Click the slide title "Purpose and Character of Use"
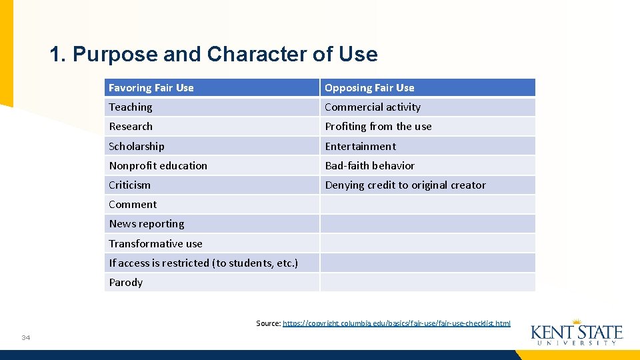pos(213,54)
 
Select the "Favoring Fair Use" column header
pos(151,88)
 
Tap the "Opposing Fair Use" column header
pos(369,88)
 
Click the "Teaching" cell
pos(131,107)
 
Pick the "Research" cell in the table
pos(131,127)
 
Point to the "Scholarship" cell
pos(137,146)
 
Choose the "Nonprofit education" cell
pos(158,165)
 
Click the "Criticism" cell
pos(130,185)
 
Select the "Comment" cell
pos(133,205)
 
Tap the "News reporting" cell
pos(147,224)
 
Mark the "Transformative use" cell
pos(155,243)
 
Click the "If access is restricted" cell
pos(203,263)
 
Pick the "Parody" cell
pos(126,283)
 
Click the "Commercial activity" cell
pos(373,107)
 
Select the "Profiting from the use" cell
pos(378,127)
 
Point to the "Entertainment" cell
pos(360,146)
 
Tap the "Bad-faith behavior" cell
pos(369,165)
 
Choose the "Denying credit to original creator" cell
pos(405,185)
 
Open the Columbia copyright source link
pos(397,323)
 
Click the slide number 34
pos(25,337)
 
